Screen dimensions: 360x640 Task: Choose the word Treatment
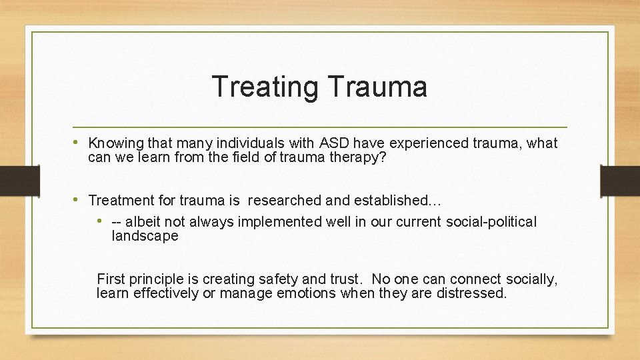coord(120,200)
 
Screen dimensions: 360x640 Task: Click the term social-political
coord(489,222)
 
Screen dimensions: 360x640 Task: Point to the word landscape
coord(145,236)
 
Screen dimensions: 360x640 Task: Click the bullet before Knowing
coord(81,143)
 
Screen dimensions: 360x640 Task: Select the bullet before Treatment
coord(81,199)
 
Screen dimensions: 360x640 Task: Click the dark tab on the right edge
coord(620,181)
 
